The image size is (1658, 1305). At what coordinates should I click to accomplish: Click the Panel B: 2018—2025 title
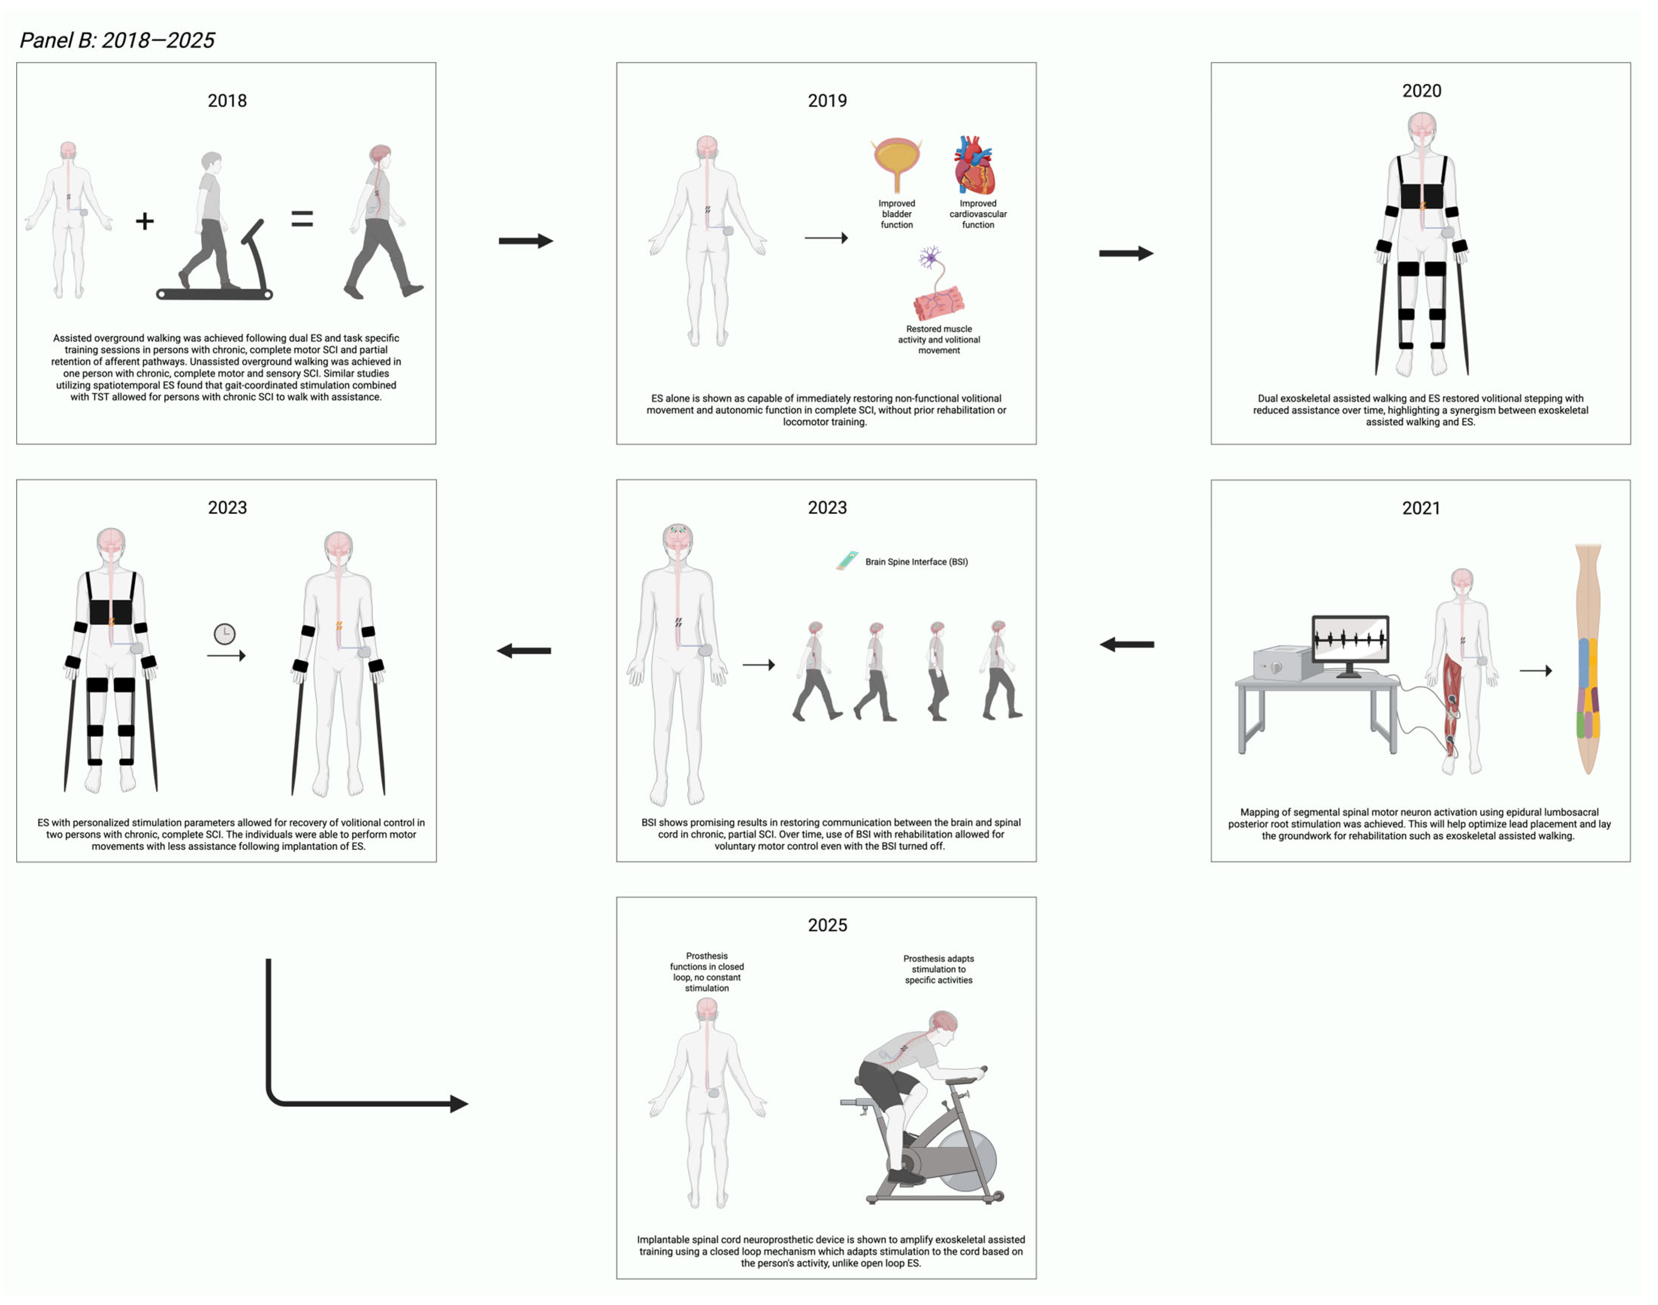(117, 41)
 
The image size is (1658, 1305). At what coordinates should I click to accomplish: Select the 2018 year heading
(227, 101)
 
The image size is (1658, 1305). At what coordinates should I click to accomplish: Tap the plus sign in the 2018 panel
(144, 222)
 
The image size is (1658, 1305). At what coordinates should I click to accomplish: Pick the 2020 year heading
(1421, 91)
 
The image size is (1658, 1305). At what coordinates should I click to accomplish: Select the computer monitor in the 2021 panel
(1350, 640)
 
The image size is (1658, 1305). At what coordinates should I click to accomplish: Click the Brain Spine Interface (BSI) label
(916, 562)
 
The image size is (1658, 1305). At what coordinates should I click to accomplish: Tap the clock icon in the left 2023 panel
(224, 634)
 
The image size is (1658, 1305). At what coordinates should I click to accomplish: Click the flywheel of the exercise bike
(967, 1160)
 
